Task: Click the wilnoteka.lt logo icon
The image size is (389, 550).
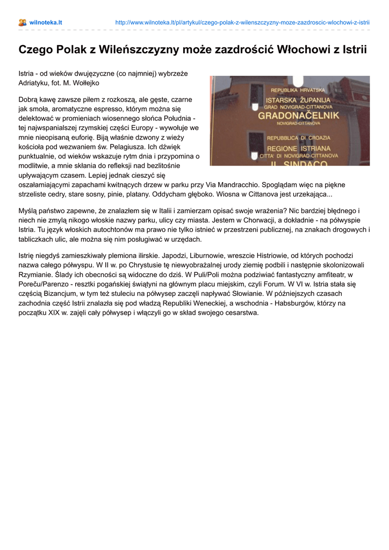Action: click(x=23, y=23)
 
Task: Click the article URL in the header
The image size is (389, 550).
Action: click(x=242, y=23)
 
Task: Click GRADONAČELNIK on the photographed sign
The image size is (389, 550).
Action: click(x=299, y=115)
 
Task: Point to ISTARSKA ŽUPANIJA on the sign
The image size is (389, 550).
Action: click(x=299, y=100)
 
